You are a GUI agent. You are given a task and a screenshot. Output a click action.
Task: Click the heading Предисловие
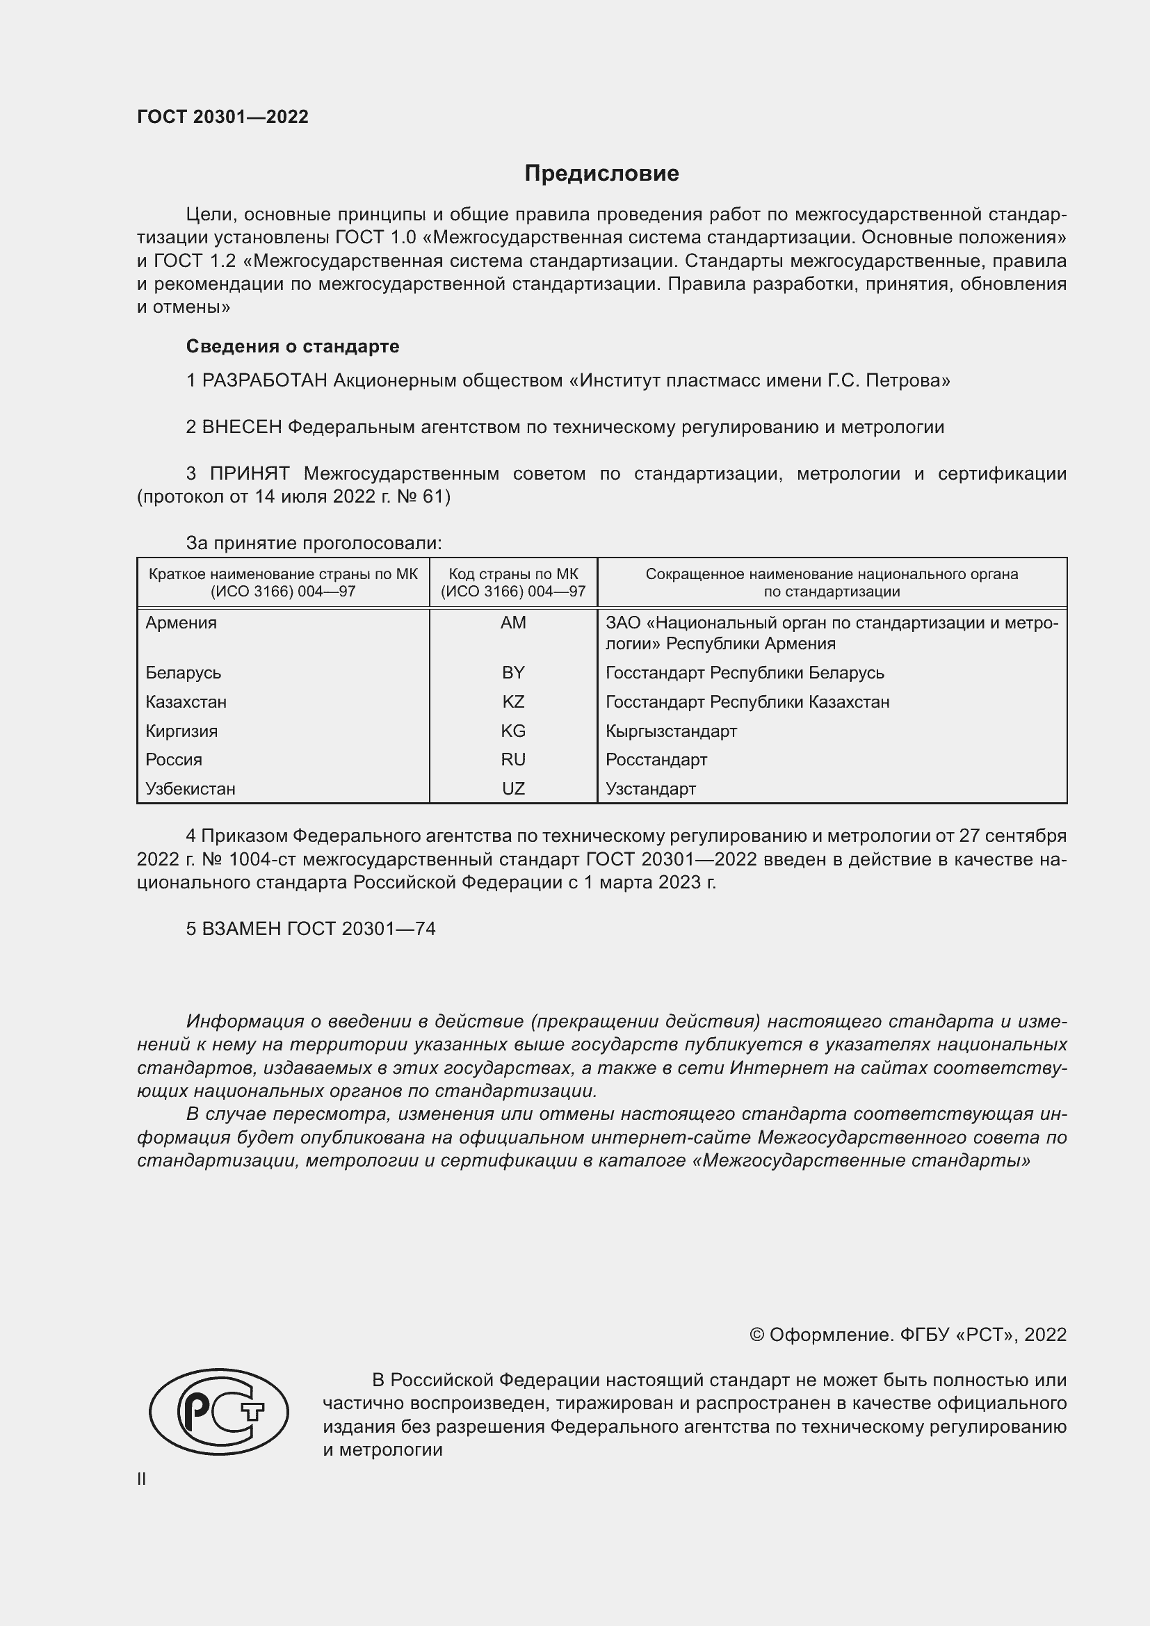click(x=601, y=174)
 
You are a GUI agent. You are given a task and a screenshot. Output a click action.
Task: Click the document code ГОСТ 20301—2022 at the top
click(x=222, y=117)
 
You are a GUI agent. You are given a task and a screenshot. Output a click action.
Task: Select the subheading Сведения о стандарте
click(x=293, y=346)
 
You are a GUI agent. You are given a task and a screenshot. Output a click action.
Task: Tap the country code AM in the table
click(x=512, y=622)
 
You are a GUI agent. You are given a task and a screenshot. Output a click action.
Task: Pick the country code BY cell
click(x=512, y=673)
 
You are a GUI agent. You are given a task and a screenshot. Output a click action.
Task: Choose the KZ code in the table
click(x=512, y=702)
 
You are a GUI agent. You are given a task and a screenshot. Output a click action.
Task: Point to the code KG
click(x=512, y=731)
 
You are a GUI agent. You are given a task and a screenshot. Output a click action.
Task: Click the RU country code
click(x=512, y=760)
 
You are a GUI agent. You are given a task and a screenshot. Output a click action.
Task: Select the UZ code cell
click(x=512, y=789)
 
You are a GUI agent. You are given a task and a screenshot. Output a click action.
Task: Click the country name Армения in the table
click(x=181, y=622)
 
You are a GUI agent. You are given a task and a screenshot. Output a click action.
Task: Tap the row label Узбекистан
click(x=190, y=789)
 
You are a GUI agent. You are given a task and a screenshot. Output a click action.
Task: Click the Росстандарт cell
click(x=656, y=760)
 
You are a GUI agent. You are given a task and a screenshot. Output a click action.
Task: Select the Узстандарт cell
click(x=650, y=789)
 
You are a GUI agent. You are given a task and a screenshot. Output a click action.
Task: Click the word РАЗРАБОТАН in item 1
click(x=265, y=381)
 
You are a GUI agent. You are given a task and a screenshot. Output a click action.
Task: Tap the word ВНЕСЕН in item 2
click(x=242, y=428)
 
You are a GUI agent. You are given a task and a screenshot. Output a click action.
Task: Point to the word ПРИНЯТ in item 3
click(x=250, y=474)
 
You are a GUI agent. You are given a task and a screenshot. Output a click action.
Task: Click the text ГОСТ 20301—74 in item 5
click(x=361, y=929)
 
